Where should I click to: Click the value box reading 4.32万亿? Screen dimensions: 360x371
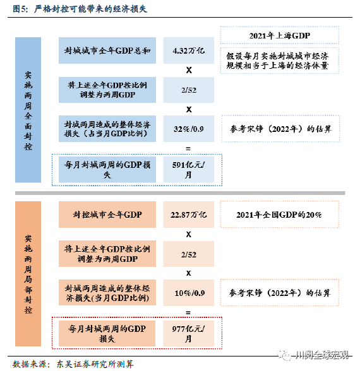(x=188, y=50)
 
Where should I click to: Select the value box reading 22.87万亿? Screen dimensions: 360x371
(x=188, y=215)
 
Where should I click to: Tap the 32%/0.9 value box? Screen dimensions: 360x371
(x=188, y=129)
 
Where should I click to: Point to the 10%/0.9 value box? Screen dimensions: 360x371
(x=188, y=293)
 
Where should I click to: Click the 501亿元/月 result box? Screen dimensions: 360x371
(x=188, y=170)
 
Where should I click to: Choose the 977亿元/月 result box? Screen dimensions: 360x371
(x=188, y=334)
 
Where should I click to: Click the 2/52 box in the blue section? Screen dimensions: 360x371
(x=188, y=90)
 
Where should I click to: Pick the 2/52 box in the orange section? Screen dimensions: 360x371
(x=188, y=254)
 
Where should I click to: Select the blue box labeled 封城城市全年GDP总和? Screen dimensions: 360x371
(x=107, y=50)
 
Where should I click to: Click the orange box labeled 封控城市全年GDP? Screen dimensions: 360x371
(x=107, y=215)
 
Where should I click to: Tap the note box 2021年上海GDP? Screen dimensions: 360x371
(x=279, y=35)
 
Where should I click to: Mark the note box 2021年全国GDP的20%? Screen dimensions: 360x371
(x=279, y=215)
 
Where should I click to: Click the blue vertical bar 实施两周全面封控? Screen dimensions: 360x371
(x=28, y=110)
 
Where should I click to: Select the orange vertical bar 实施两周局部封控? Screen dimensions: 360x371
(x=28, y=274)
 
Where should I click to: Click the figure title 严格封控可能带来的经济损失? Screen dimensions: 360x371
(x=90, y=9)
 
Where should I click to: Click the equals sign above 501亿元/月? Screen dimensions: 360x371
(x=188, y=149)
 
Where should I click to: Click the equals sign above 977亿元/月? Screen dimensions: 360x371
(x=188, y=313)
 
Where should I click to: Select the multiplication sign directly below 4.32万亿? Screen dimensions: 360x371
(x=189, y=70)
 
